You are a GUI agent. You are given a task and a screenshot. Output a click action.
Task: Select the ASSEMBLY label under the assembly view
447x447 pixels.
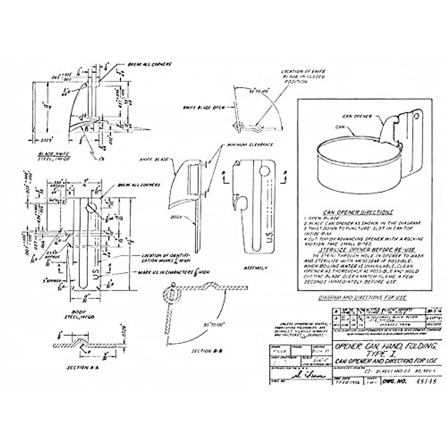(254, 267)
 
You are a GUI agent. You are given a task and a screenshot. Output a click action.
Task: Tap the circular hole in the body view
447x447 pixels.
(92, 207)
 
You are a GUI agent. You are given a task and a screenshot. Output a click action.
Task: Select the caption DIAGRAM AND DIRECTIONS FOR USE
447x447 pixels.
(362, 297)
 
